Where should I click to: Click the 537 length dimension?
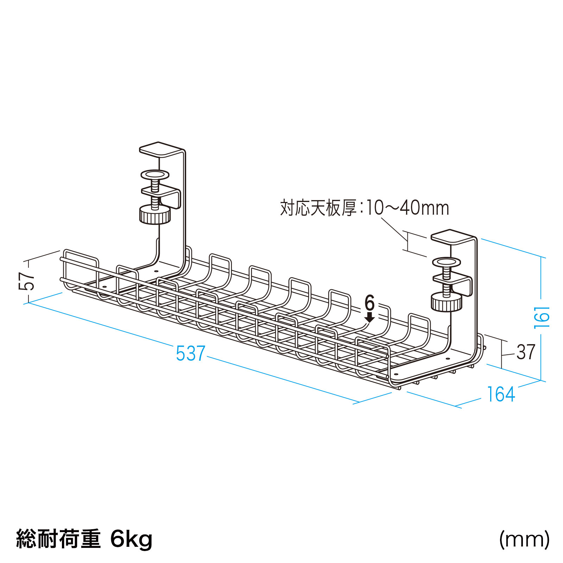[x=190, y=353]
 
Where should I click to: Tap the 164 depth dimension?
[x=501, y=394]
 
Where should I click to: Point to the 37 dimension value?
[x=526, y=352]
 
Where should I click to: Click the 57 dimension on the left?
[x=27, y=281]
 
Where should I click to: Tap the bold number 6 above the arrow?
[x=369, y=303]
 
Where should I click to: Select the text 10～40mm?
[x=407, y=208]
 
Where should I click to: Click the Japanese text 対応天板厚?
[x=318, y=208]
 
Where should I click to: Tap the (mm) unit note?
[x=524, y=539]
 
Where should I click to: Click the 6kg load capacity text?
[x=131, y=539]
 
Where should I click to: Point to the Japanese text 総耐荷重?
[x=58, y=539]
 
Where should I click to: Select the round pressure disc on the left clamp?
[x=155, y=175]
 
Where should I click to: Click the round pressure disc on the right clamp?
[x=447, y=262]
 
